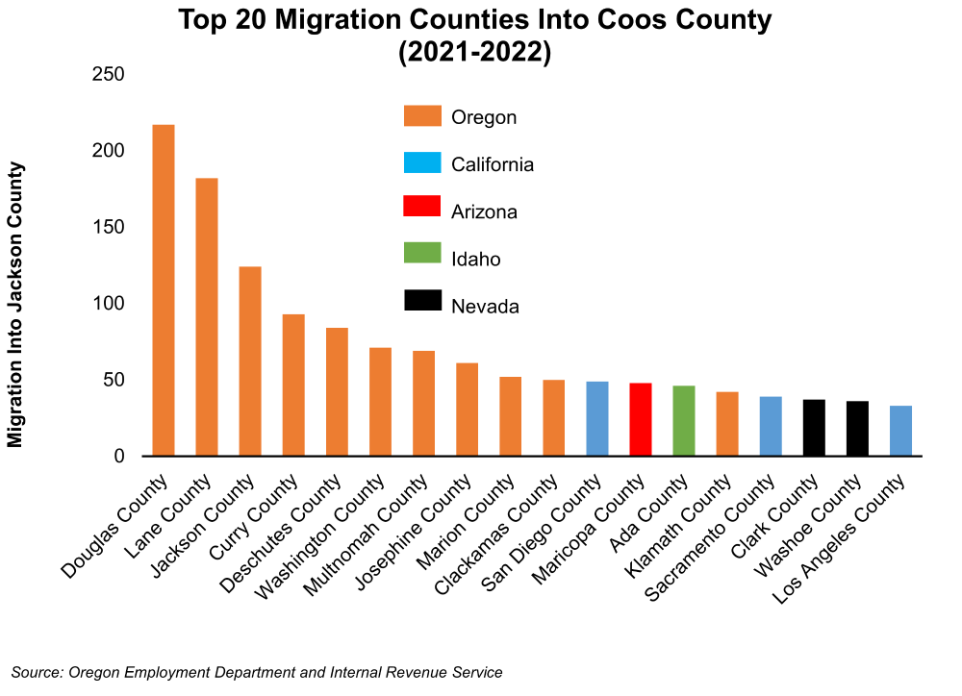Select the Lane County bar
coord(207,317)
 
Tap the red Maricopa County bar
coord(641,419)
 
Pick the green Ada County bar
coord(684,420)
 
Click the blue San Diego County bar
coord(597,418)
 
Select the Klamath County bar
coord(727,424)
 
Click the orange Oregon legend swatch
coord(422,117)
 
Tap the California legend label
coord(493,164)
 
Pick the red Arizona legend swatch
coord(422,211)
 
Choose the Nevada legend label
coord(486,307)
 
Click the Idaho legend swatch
coord(422,259)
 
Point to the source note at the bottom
coord(257,673)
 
